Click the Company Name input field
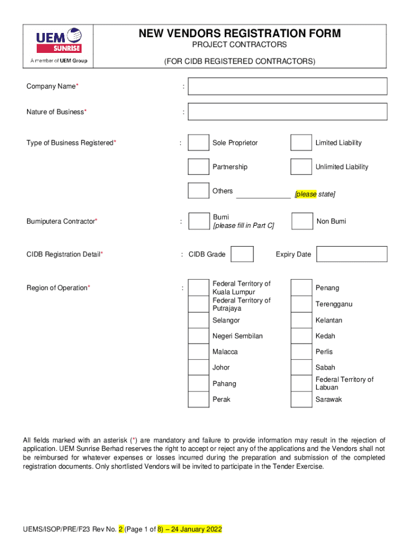pyautogui.click(x=287, y=86)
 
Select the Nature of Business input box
pyautogui.click(x=287, y=112)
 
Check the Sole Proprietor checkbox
pyautogui.click(x=198, y=143)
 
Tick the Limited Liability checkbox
pyautogui.click(x=301, y=143)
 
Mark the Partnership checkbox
pyautogui.click(x=198, y=167)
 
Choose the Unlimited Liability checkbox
pyautogui.click(x=301, y=167)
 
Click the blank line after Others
pyautogui.click(x=263, y=195)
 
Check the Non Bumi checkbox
pyautogui.click(x=302, y=221)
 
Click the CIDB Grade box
pyautogui.click(x=242, y=254)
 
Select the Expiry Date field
pyautogui.click(x=352, y=254)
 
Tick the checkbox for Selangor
pyautogui.click(x=198, y=320)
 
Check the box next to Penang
pyautogui.click(x=301, y=288)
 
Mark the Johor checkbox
pyautogui.click(x=198, y=367)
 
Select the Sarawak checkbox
pyautogui.click(x=301, y=400)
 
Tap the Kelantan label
pyautogui.click(x=328, y=320)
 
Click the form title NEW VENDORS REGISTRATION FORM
pyautogui.click(x=240, y=33)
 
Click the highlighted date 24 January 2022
pyautogui.click(x=196, y=529)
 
